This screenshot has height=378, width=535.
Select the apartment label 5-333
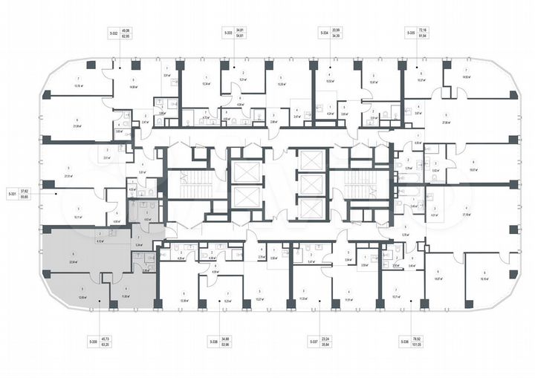point(228,33)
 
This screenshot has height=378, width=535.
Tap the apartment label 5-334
point(324,33)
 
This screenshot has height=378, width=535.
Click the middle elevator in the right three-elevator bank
point(309,183)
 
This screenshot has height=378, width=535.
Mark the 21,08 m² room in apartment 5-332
point(77,127)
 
